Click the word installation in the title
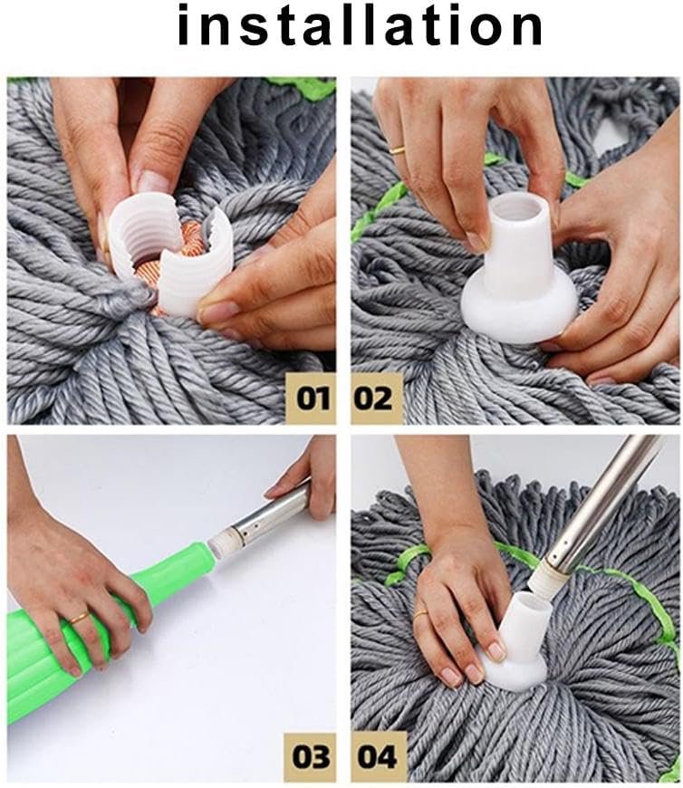click(x=360, y=25)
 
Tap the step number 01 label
click(x=309, y=396)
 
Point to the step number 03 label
click(x=309, y=755)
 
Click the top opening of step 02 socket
click(x=519, y=209)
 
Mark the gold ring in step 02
click(x=397, y=148)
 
